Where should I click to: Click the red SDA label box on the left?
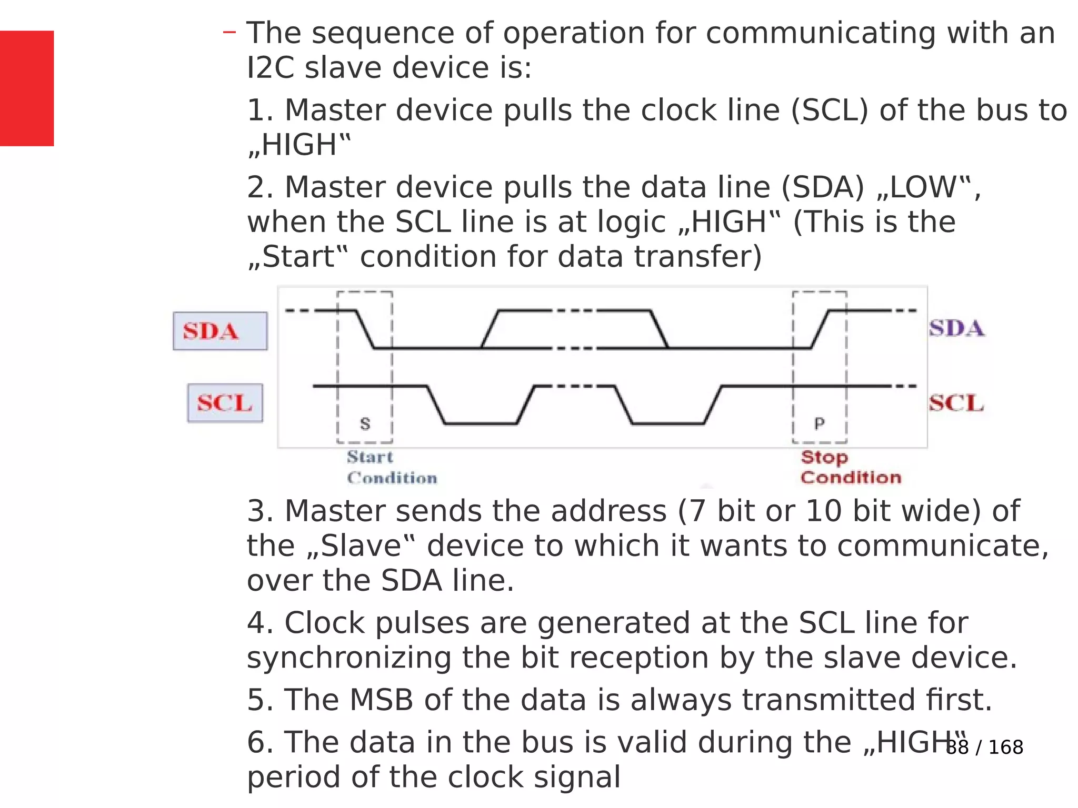[x=220, y=331]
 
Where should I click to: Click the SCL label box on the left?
[x=225, y=403]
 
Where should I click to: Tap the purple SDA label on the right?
[x=956, y=328]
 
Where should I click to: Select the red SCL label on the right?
[x=956, y=403]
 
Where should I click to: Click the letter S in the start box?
[x=365, y=423]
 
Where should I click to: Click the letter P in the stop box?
[x=819, y=423]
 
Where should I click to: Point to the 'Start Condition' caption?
[x=391, y=467]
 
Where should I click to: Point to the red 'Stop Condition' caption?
[x=851, y=467]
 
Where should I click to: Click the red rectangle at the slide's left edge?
[x=26, y=88]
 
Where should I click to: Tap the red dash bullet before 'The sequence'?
[x=229, y=33]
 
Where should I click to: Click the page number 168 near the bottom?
[x=1005, y=747]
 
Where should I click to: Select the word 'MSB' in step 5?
[x=381, y=700]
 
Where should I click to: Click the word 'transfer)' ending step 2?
[x=697, y=257]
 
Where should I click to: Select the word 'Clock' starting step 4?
[x=325, y=623]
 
